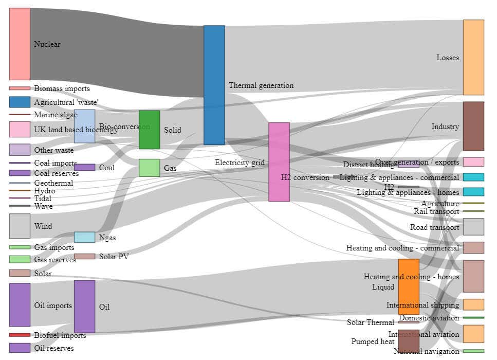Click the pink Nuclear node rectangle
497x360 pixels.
coord(20,44)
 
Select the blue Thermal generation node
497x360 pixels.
coord(214,85)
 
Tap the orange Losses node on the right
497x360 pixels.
coord(473,57)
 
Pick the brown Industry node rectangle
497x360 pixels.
coord(473,126)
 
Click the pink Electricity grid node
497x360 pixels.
coord(279,162)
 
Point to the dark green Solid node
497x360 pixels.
coord(149,130)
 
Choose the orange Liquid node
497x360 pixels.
coord(409,286)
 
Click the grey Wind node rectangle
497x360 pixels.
coord(20,226)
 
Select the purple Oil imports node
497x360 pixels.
coord(20,304)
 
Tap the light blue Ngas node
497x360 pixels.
coord(84,237)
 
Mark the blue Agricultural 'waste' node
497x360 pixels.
coord(20,102)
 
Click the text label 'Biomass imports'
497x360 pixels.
coord(62,88)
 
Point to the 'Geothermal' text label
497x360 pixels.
coord(53,183)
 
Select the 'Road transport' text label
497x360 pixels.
coord(434,227)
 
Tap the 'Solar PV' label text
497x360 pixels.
coord(114,256)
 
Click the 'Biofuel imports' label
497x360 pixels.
coord(60,335)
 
